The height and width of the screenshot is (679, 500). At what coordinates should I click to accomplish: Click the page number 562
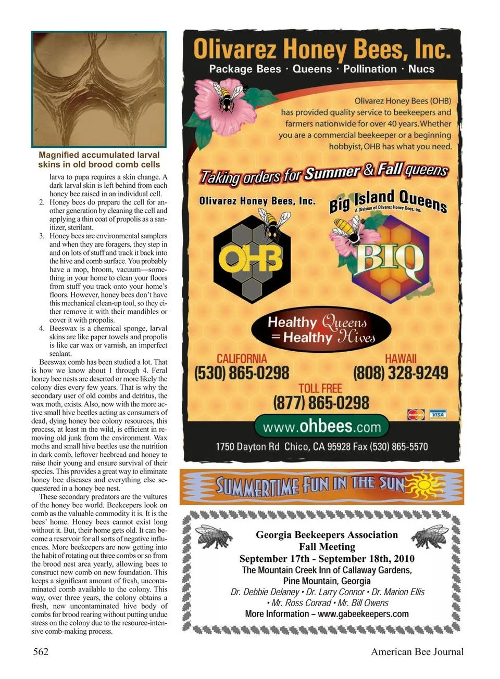(41, 651)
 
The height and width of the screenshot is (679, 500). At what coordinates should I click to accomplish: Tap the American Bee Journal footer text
(417, 651)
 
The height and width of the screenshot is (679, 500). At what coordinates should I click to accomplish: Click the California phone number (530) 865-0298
(241, 373)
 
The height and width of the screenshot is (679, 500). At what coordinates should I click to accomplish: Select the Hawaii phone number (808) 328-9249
(401, 373)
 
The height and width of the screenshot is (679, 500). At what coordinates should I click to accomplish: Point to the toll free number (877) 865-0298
(321, 402)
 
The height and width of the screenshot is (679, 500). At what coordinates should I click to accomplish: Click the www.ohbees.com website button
(321, 427)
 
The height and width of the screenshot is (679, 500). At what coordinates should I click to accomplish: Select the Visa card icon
(438, 414)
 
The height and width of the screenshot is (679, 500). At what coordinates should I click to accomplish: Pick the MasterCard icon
(416, 415)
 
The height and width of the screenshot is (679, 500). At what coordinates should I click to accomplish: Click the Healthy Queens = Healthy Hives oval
(321, 330)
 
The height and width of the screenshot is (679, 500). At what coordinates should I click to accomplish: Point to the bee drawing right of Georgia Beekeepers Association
(430, 536)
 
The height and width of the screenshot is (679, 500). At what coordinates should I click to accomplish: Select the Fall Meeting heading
(327, 547)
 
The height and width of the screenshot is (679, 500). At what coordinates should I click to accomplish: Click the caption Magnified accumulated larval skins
(99, 159)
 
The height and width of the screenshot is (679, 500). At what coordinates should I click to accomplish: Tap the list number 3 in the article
(42, 236)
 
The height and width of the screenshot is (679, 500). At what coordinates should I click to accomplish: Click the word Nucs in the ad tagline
(421, 69)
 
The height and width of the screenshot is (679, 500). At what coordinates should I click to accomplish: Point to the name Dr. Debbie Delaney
(265, 592)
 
